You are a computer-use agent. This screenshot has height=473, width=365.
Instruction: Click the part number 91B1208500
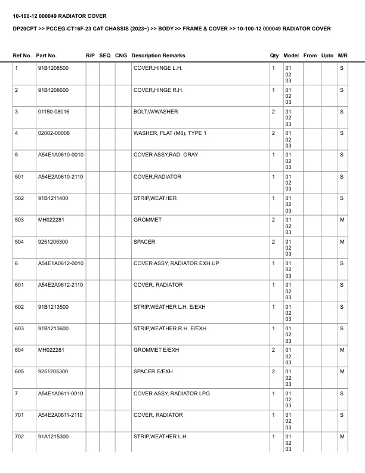point(53,68)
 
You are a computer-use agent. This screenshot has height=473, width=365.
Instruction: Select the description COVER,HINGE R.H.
point(157,90)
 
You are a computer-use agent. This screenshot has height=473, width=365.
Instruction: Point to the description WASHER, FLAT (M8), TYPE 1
point(170,133)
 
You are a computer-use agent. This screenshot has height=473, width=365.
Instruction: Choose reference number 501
point(19,177)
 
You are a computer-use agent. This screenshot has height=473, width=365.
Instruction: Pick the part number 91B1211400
point(53,198)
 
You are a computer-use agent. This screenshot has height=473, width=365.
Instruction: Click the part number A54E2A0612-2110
point(60,285)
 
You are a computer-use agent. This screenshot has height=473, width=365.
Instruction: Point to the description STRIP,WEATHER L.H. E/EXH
point(170,306)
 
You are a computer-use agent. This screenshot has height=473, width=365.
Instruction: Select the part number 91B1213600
point(53,328)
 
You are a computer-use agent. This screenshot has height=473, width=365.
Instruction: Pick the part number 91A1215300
point(53,437)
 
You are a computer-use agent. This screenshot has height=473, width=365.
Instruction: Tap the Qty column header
point(274,56)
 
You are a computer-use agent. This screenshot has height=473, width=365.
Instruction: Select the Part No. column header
point(47,56)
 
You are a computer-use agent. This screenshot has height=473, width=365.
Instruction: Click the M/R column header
point(342,56)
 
